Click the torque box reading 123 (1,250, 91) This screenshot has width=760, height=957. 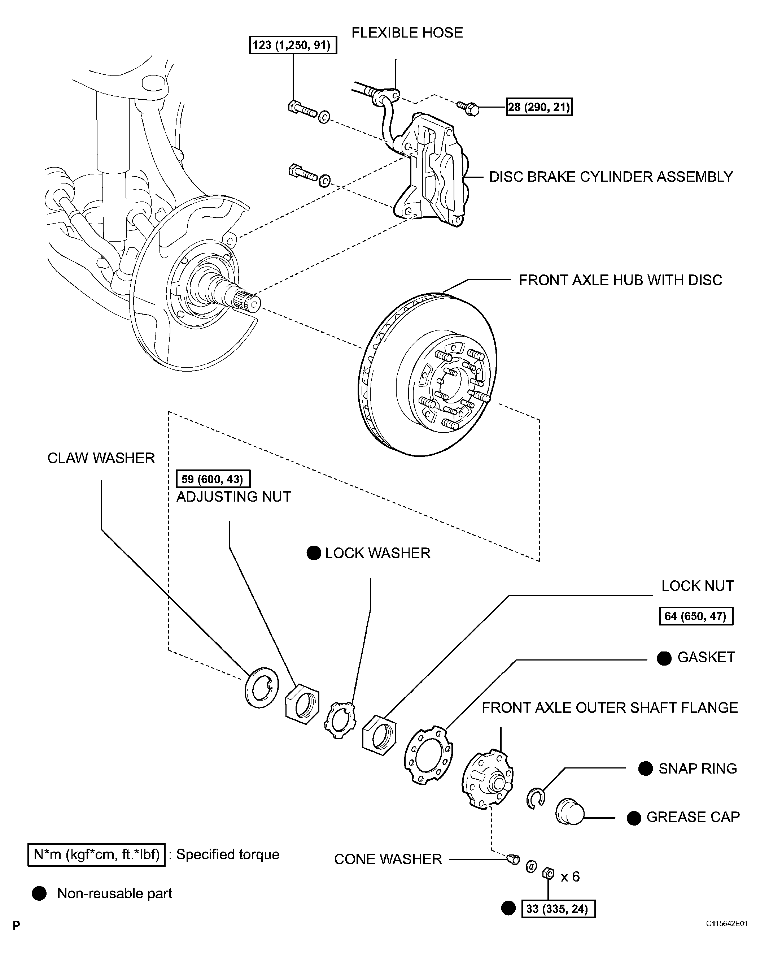[x=293, y=45]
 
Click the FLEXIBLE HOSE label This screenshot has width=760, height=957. [x=407, y=33]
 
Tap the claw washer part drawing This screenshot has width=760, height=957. [x=261, y=687]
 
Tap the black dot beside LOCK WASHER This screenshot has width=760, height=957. [x=314, y=553]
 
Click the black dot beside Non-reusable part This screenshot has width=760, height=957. [x=39, y=893]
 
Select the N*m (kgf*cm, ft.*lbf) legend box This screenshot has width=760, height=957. [x=96, y=854]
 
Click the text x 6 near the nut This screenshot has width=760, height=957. [x=570, y=877]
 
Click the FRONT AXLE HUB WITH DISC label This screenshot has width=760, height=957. [x=620, y=280]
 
